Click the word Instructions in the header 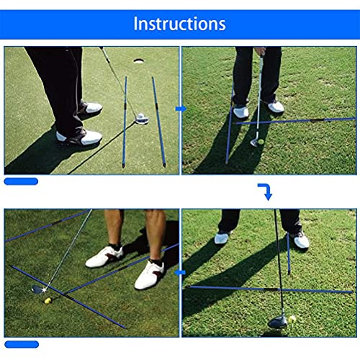click(x=179, y=23)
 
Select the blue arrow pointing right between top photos click(x=181, y=109)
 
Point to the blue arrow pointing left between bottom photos click(x=181, y=273)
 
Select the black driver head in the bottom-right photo click(x=278, y=323)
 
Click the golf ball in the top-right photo click(x=253, y=143)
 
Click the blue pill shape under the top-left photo click(x=21, y=181)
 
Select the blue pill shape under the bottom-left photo click(x=21, y=343)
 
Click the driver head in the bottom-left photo click(x=37, y=289)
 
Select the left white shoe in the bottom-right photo click(x=225, y=238)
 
